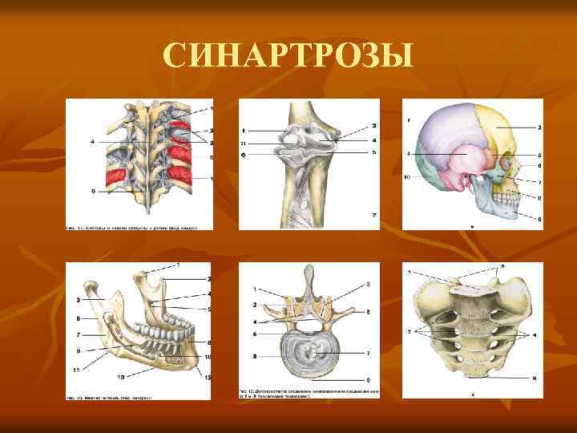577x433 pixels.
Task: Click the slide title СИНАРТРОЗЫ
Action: [288, 56]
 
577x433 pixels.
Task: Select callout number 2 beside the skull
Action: [539, 127]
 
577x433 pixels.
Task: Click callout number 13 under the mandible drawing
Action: [121, 375]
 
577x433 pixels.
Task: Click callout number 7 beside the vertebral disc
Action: [367, 353]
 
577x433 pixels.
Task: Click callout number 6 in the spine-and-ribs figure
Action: [93, 191]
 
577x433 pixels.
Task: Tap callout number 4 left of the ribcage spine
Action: [93, 142]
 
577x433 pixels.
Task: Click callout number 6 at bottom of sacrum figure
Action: [532, 376]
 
